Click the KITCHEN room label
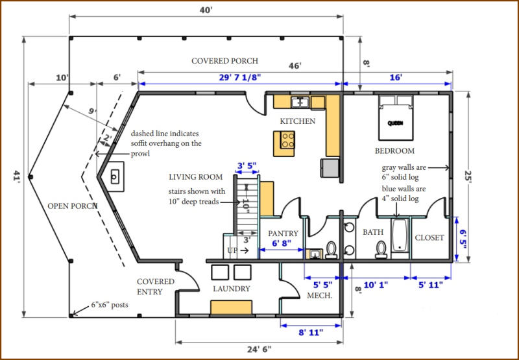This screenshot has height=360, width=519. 298,121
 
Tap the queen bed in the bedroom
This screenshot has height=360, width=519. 395,118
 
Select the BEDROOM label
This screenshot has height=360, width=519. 394,151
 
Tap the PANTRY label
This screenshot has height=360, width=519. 283,234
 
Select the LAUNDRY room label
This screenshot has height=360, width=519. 232,289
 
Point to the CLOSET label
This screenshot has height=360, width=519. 429,238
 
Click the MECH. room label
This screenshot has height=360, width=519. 320,296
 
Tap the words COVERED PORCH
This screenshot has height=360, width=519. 224,61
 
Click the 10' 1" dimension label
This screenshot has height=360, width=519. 376,285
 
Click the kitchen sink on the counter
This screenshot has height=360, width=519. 300,102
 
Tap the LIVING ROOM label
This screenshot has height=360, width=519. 195,176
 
